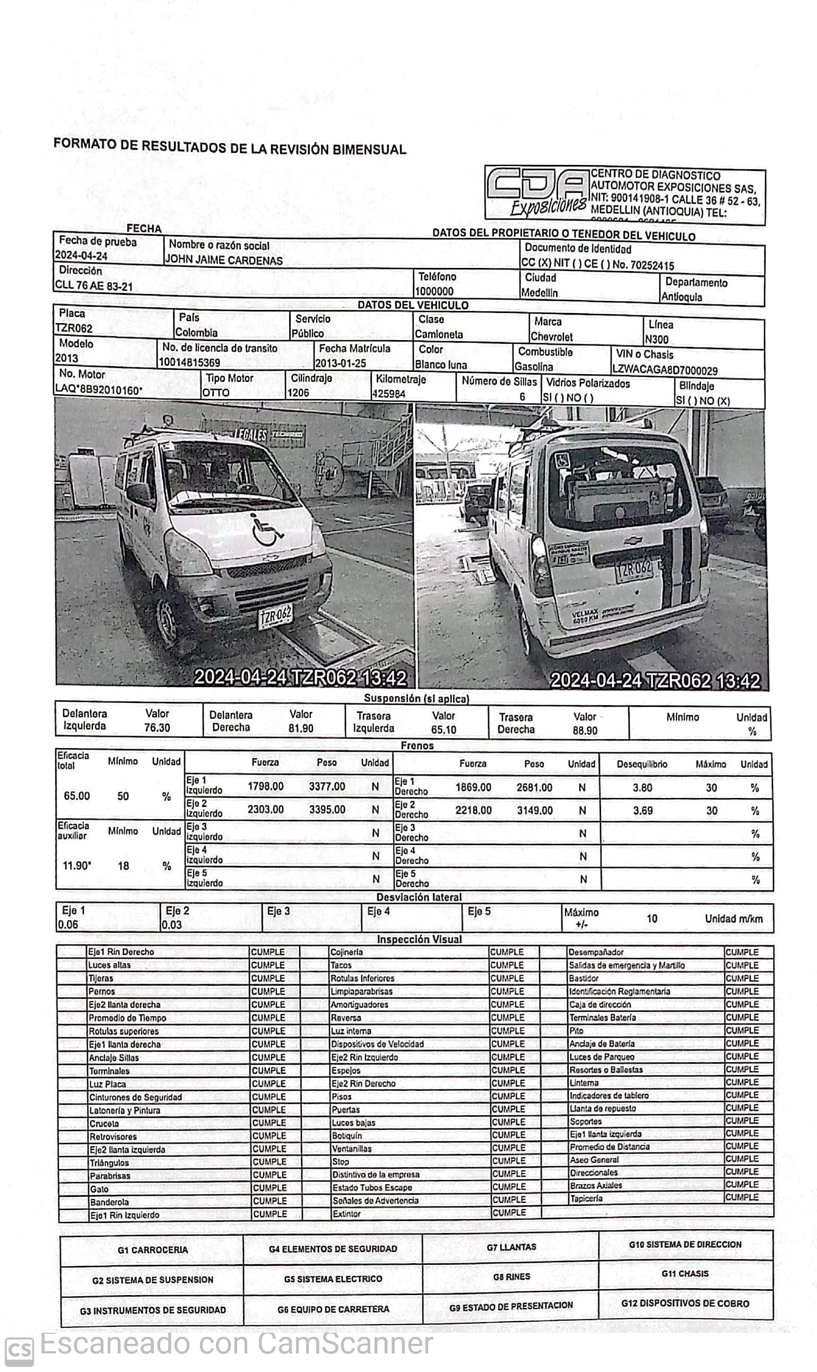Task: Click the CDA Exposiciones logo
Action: coord(537,194)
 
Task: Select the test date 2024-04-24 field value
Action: coord(81,256)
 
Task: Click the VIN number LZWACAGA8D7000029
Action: coord(665,370)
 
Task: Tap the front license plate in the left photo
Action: coord(275,615)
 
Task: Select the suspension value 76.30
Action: coord(157,728)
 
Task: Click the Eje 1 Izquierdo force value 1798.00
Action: coord(265,786)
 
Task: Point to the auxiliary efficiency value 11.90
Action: coord(76,866)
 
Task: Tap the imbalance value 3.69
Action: coord(642,811)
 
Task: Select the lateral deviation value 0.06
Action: coord(68,925)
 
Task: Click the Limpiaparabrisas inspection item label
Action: coord(361,992)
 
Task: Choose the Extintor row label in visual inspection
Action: coord(347,1214)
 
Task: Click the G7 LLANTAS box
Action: coord(511,1247)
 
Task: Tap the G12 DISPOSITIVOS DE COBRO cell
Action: coord(685,1303)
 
